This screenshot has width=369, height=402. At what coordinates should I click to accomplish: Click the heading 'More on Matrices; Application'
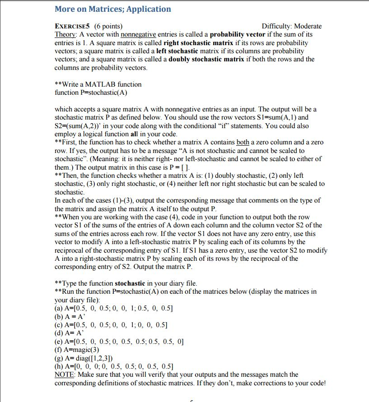pos(112,9)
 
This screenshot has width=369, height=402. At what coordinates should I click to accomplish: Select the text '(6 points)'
pos(107,26)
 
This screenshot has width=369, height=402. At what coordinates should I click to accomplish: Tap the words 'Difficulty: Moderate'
pos(291,26)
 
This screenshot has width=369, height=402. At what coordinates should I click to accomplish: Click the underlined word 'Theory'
pos(64,34)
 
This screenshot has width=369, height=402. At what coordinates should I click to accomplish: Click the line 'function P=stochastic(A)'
pos(91,92)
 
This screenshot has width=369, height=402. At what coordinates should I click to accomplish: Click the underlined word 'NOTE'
pos(65,374)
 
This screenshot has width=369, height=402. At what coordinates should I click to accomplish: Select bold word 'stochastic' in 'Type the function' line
pos(130,283)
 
